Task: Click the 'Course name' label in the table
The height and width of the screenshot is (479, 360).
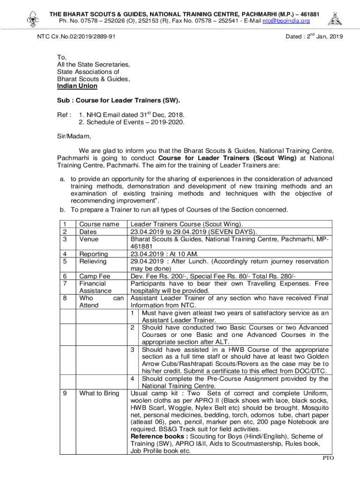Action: coord(99,225)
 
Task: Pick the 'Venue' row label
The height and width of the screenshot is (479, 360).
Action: coord(89,239)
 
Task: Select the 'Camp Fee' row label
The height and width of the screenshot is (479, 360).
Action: coord(95,276)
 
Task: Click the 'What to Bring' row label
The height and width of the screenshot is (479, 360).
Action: coord(99,393)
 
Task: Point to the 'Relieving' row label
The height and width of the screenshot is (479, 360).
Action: coord(93,261)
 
